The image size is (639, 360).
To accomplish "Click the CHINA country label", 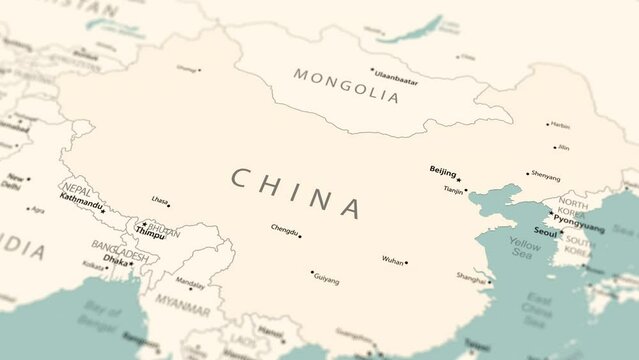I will click(297, 192).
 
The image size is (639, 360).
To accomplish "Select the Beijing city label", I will click(442, 171).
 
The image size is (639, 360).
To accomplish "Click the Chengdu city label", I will click(284, 230).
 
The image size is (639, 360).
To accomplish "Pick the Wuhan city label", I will click(392, 260).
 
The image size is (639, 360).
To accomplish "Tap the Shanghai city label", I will click(471, 277).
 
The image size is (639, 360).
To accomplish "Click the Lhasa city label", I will click(160, 200).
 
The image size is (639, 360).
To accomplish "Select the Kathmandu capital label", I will click(81, 199).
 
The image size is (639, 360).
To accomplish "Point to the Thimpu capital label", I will click(150, 235).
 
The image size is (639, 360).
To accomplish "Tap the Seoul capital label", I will click(545, 232).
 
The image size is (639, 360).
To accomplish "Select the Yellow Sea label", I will click(524, 248).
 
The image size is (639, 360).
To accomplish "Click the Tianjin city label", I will click(453, 189).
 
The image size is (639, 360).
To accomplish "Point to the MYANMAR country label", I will click(183, 299).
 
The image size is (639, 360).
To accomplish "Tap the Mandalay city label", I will click(190, 283).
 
